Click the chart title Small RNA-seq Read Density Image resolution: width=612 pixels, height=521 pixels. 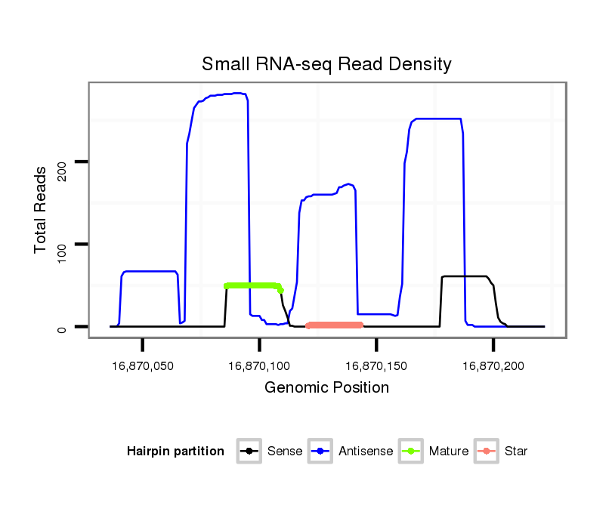click(326, 64)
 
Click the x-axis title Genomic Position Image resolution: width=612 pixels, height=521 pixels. click(326, 388)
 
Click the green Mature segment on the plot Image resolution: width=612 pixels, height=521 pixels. click(252, 285)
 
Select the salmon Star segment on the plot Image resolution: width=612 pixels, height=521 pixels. click(335, 325)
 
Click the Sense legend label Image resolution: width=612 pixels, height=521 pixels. click(285, 452)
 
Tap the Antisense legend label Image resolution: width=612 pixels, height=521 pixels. click(366, 452)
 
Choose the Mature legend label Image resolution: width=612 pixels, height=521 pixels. click(449, 452)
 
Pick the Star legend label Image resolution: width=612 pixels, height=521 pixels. click(515, 452)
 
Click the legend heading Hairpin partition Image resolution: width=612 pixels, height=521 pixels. click(175, 452)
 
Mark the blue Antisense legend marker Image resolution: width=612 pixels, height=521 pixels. click(320, 452)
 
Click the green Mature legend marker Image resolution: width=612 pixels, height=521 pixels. click(411, 452)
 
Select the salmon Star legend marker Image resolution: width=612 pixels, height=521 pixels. click(487, 452)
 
